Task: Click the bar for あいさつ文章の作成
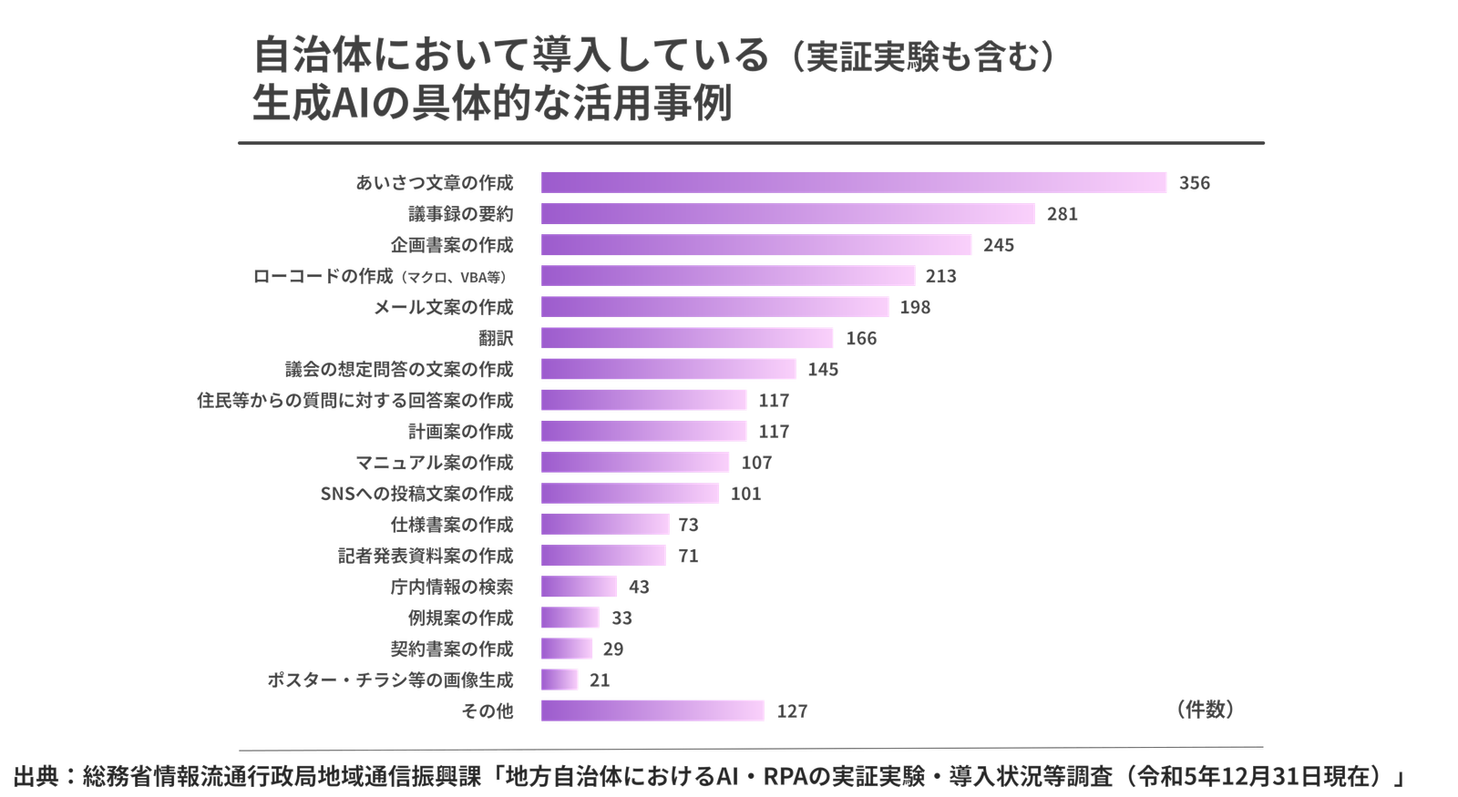coord(854,182)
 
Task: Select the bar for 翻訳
coord(687,338)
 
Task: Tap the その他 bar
coord(652,710)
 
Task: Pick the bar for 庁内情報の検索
coord(580,587)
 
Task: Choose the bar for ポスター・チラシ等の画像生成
coord(560,679)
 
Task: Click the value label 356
coord(1194,183)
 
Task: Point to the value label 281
coord(1062,215)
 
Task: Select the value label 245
coord(999,246)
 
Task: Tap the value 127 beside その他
coord(792,711)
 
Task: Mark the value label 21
coord(601,680)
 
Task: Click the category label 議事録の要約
coord(460,215)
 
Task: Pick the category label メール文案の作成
coord(444,307)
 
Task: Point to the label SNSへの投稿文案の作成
coord(417,494)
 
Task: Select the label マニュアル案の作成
coord(435,463)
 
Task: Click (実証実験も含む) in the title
coord(922,58)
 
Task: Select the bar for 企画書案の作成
coord(756,245)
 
